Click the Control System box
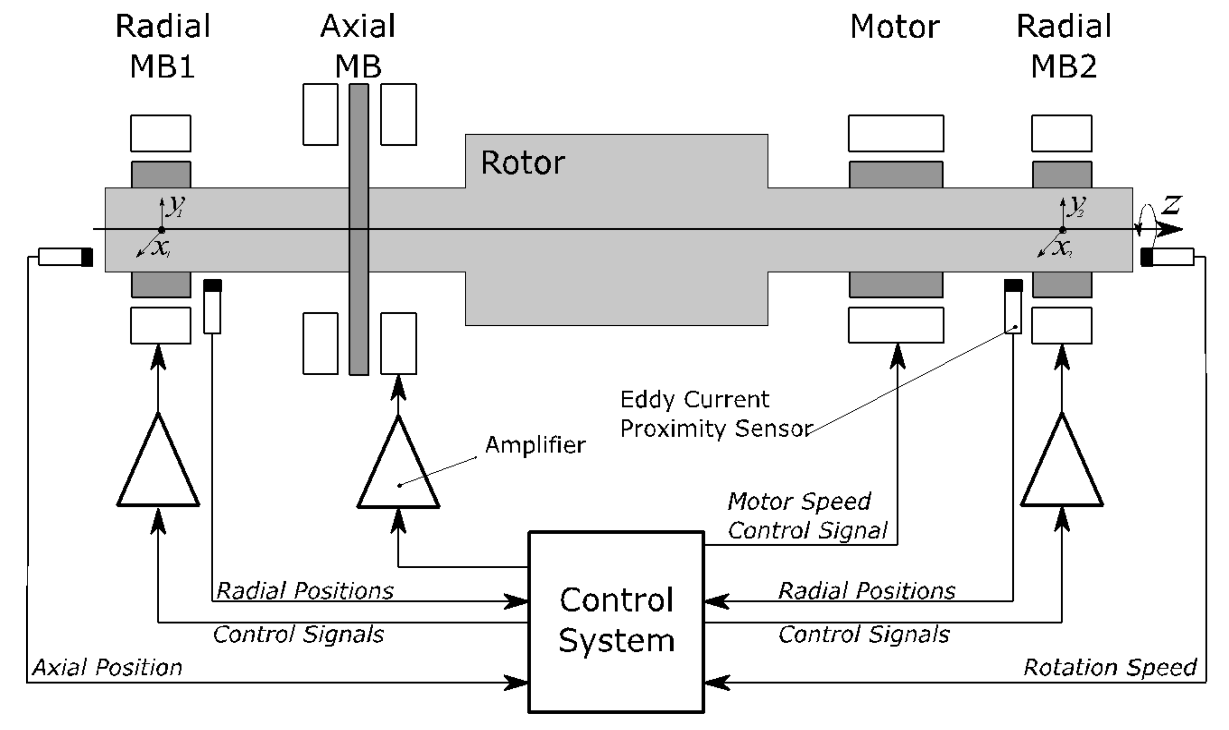[616, 621]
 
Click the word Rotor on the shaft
[523, 163]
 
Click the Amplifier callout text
[535, 445]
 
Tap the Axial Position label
[107, 668]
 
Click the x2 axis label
[1062, 248]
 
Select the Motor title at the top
[895, 27]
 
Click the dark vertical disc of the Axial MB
[358, 229]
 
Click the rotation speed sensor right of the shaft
[1167, 257]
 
